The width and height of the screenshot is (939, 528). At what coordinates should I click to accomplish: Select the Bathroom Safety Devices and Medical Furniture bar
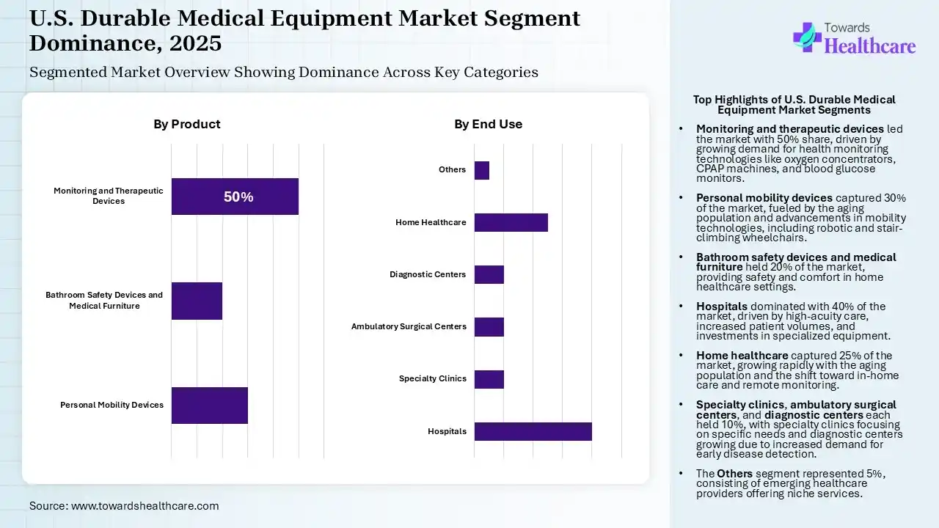click(x=197, y=301)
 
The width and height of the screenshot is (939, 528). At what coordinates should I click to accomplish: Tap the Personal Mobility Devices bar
click(x=209, y=406)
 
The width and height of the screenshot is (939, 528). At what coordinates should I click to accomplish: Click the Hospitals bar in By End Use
click(x=533, y=431)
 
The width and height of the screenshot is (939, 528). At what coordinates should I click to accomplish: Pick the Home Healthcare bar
click(x=511, y=222)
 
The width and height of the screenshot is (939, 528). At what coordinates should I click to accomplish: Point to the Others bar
click(x=481, y=170)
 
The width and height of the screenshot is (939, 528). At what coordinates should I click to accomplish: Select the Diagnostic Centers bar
click(x=489, y=274)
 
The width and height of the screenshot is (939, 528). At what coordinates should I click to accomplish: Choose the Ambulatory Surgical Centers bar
click(x=489, y=327)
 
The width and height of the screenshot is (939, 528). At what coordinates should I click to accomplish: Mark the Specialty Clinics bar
click(x=489, y=379)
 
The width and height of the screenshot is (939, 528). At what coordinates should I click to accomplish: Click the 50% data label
click(x=238, y=197)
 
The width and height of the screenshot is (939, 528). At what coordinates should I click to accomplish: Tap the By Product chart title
click(x=186, y=124)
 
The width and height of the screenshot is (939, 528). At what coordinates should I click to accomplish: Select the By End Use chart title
click(x=488, y=124)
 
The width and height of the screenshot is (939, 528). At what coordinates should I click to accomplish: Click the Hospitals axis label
click(x=447, y=431)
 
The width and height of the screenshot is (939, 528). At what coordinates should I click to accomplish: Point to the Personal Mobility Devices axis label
click(x=112, y=405)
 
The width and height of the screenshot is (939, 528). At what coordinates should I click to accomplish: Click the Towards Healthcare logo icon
click(x=806, y=37)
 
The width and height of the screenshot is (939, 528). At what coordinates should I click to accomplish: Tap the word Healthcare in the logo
click(x=870, y=46)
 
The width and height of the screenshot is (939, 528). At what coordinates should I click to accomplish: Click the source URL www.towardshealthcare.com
click(x=145, y=505)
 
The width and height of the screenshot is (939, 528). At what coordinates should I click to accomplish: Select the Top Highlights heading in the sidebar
click(x=794, y=105)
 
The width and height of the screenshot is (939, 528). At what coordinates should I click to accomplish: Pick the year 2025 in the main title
click(x=195, y=43)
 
